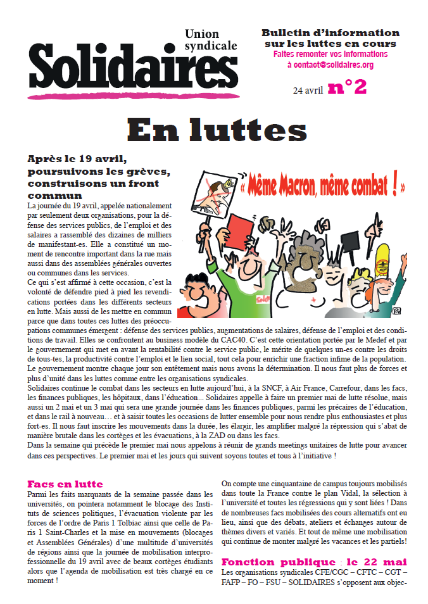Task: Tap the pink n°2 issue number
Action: (x=348, y=87)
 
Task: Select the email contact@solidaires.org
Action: (x=330, y=65)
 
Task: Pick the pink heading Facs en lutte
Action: (x=65, y=484)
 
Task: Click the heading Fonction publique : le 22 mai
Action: (x=313, y=562)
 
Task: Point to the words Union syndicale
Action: (x=211, y=39)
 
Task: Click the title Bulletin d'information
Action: (x=330, y=32)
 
